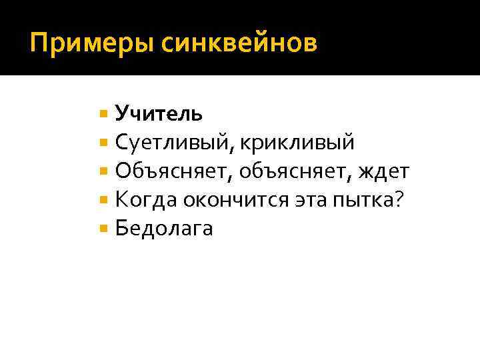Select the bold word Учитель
159,113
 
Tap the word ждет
383,171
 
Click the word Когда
147,200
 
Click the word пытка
359,200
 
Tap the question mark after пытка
399,199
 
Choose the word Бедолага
164,229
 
